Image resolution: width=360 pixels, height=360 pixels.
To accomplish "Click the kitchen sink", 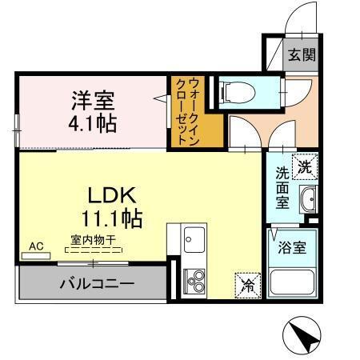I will [194, 238].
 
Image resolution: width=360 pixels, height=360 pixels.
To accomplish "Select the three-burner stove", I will [194, 281].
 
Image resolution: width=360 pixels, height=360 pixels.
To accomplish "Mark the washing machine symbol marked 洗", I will [306, 169].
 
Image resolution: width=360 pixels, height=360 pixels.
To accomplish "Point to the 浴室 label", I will [291, 247].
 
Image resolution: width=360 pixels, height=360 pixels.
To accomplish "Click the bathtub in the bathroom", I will [292, 283].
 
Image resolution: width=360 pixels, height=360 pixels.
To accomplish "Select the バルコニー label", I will [96, 282].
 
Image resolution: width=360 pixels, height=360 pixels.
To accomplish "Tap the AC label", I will [36, 245].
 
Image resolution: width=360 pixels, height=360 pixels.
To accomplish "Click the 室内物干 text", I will [91, 238].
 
